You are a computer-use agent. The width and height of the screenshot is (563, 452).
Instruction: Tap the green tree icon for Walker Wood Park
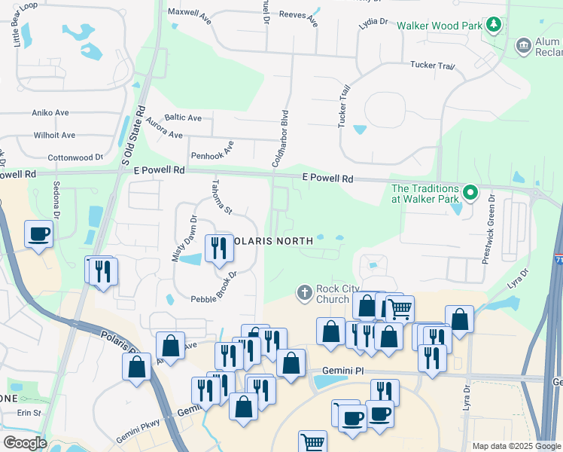coord(494,26)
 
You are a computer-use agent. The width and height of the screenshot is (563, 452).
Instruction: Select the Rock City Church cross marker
coord(304,292)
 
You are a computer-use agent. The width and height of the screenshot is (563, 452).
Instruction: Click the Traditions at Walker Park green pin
coord(470,193)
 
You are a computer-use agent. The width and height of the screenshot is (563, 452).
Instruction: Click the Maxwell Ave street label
coord(191,12)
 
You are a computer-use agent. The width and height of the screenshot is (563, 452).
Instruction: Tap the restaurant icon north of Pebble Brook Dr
coord(218,248)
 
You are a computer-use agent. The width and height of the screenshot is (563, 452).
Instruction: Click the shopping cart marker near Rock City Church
coord(400,307)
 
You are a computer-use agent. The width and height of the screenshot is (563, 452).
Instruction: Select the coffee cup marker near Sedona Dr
coord(38,233)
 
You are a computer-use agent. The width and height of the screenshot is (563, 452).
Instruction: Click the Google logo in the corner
coord(24,443)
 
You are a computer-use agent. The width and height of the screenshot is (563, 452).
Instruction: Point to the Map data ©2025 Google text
coord(516,446)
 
